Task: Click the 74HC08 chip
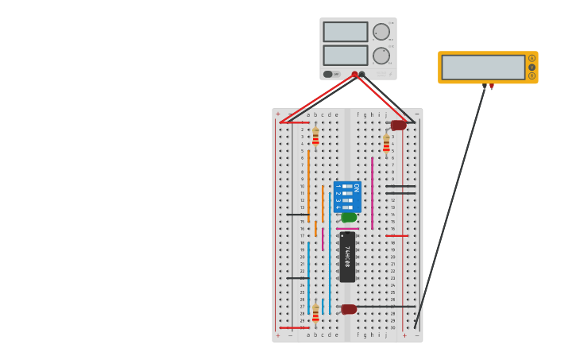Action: coord(347,257)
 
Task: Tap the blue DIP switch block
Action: coord(347,196)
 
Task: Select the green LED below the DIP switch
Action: coord(349,217)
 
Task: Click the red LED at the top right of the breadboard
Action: coord(398,125)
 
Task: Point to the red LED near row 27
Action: coord(349,309)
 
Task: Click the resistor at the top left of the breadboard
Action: coord(315,137)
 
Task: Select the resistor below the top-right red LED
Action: coord(386,144)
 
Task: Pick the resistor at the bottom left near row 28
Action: coord(315,312)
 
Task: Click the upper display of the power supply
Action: coord(345,32)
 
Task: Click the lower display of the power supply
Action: coord(345,56)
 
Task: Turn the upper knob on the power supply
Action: coord(381,32)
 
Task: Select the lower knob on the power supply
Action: coord(381,56)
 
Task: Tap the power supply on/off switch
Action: coord(327,74)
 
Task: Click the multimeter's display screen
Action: coord(483,67)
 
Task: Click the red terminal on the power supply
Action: coord(354,74)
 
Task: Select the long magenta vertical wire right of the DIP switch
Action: coord(372,192)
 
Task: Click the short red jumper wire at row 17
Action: coord(397,235)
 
